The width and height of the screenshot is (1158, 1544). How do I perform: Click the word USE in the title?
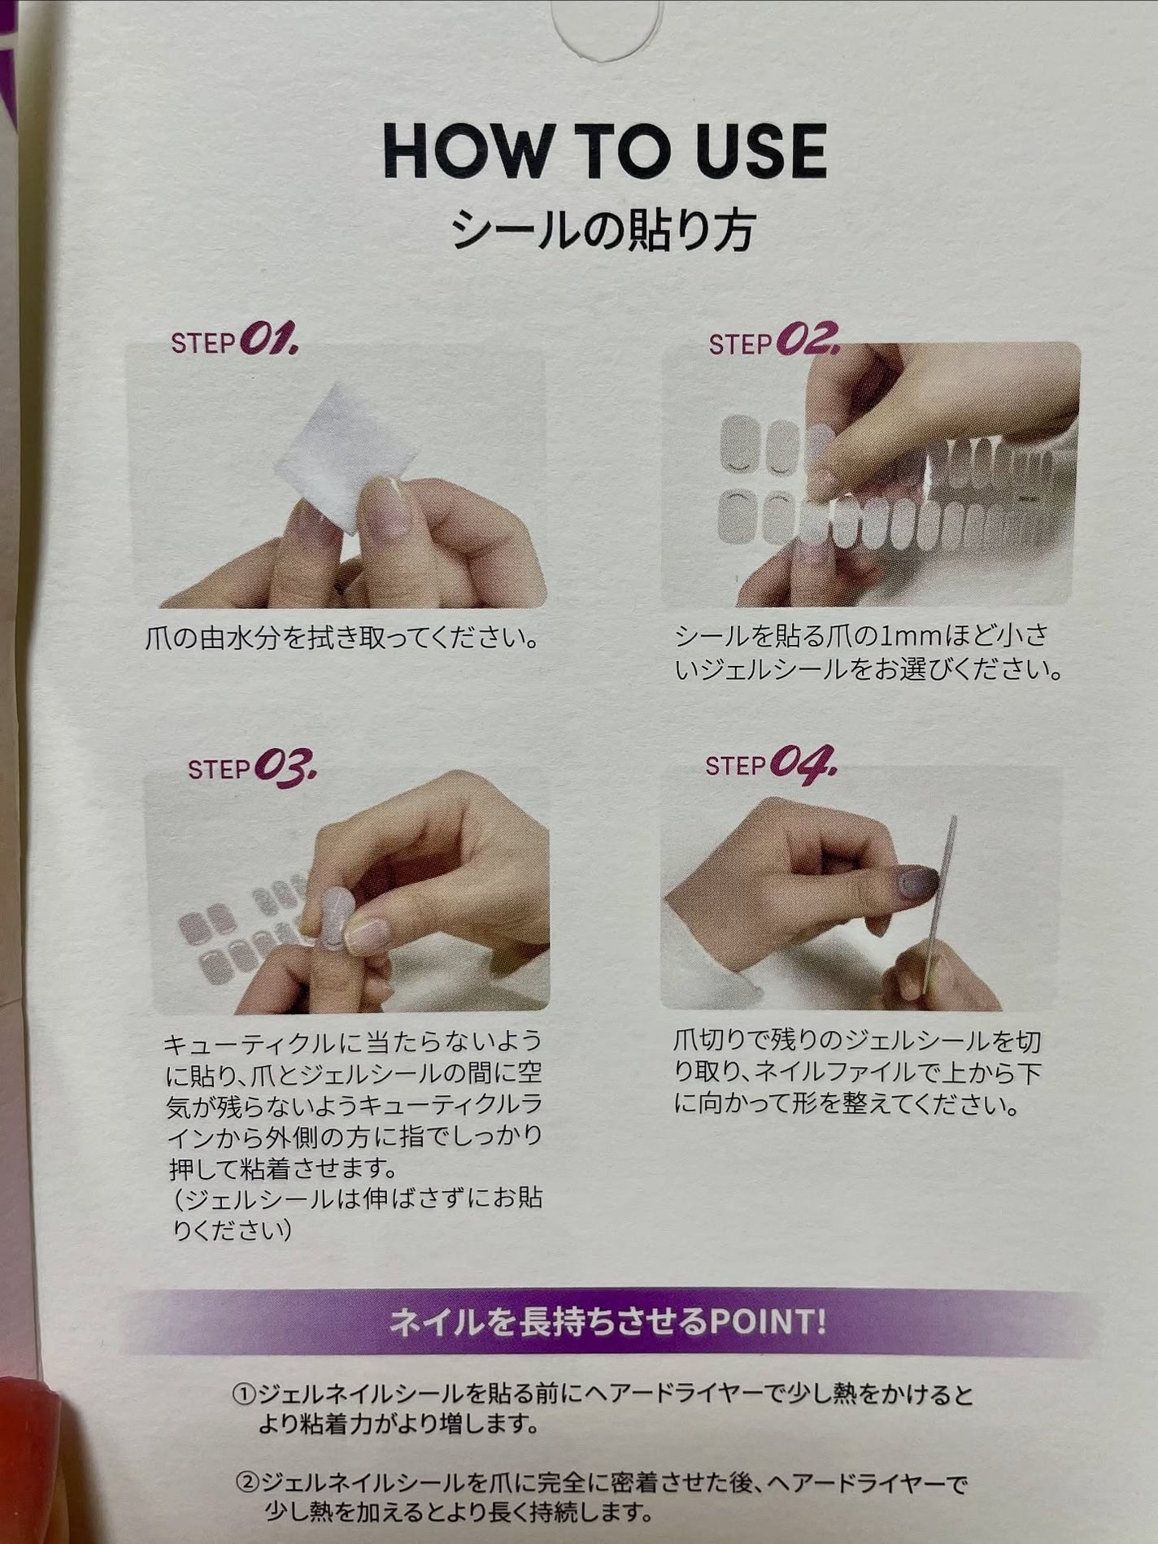point(756,151)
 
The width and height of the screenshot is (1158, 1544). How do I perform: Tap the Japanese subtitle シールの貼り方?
point(603,230)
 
